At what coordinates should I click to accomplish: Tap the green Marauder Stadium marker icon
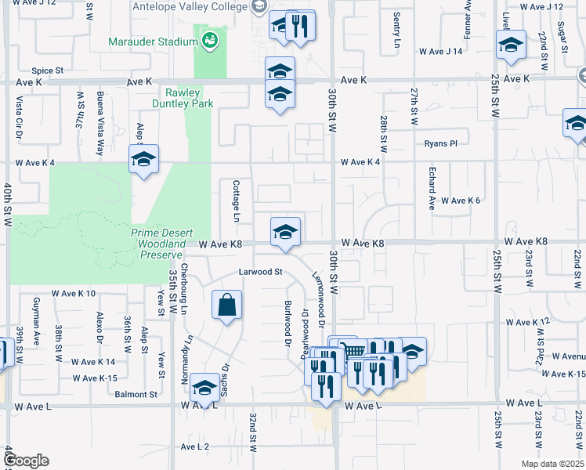(x=209, y=40)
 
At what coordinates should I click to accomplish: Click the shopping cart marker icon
(x=354, y=352)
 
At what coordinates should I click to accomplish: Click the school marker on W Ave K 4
(x=143, y=160)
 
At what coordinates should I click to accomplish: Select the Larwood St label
(x=260, y=273)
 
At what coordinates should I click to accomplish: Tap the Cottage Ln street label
(x=236, y=196)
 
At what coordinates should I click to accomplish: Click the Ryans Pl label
(x=440, y=143)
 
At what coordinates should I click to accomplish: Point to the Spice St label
(x=47, y=70)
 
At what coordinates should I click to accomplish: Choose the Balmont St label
(x=136, y=395)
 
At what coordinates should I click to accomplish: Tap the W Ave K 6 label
(x=460, y=201)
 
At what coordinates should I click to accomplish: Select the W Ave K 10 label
(x=74, y=294)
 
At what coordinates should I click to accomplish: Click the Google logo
(x=27, y=461)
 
